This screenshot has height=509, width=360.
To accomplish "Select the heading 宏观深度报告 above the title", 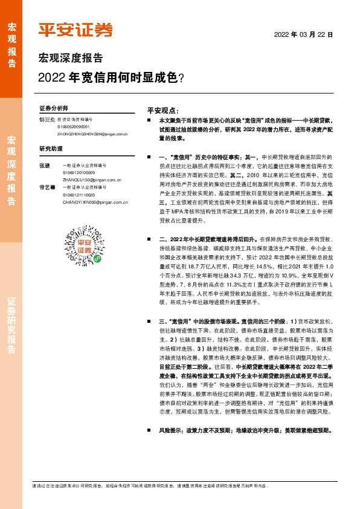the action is coord(71,59).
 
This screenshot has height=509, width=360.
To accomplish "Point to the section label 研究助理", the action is coord(51,149).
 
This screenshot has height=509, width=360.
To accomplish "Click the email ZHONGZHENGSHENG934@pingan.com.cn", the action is coord(93,134).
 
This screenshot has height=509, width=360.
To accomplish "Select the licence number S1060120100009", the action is coord(78,172).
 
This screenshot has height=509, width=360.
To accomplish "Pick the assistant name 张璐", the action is coord(44,165).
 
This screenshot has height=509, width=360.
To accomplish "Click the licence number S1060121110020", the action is coord(78,195).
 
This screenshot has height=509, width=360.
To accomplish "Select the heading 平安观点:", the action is coord(162,111).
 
